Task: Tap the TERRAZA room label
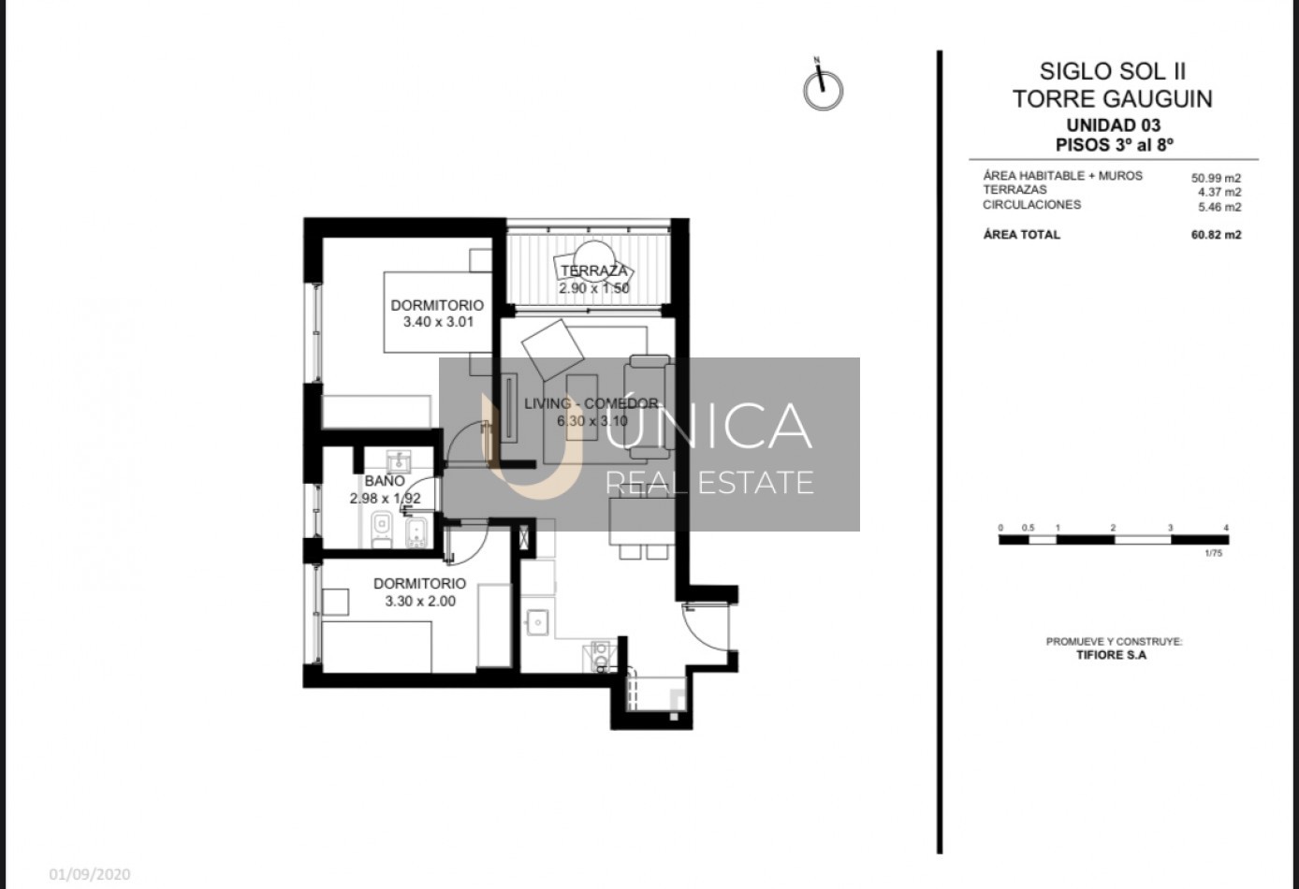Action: (594, 270)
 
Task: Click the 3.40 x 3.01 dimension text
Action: (438, 322)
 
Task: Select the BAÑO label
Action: (385, 481)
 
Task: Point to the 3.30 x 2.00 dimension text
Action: (420, 602)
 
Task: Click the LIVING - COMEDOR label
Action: (591, 403)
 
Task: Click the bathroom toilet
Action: (381, 530)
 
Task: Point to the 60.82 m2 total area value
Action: (1216, 235)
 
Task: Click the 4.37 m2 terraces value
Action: (1220, 192)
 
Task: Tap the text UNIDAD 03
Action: (1114, 125)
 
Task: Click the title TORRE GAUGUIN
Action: (1112, 98)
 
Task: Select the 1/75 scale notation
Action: (1213, 553)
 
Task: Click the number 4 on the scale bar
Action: (1226, 528)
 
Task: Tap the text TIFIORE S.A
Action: (1111, 655)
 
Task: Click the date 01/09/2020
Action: (90, 875)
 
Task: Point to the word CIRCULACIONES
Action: (1031, 205)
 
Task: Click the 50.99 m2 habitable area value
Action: (1216, 179)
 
